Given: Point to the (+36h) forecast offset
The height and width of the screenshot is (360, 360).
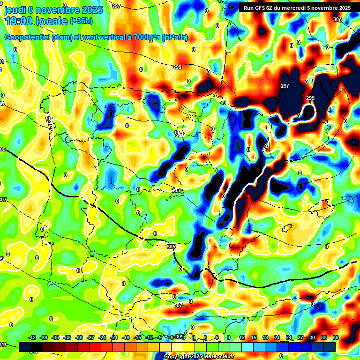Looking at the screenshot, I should [x=81, y=21].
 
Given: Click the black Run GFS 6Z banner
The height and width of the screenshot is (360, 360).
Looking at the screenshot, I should [x=296, y=8].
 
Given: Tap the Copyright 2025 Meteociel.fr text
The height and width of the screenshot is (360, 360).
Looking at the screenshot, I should [x=199, y=357].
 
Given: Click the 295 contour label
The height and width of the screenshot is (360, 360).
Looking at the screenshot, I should [x=310, y=98].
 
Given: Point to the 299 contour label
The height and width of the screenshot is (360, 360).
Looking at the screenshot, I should [x=177, y=67].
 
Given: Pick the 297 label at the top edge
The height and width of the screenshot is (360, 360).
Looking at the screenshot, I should [x=116, y=6].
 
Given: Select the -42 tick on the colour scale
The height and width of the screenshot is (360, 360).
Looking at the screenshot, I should [x=32, y=337].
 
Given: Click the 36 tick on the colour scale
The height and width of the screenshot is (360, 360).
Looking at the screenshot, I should [x=336, y=337].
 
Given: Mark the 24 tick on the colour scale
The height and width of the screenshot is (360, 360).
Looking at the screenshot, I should [x=289, y=337].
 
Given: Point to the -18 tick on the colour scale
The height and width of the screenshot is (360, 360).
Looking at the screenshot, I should [x=126, y=337].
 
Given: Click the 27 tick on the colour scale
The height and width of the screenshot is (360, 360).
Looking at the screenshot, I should [x=300, y=337].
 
